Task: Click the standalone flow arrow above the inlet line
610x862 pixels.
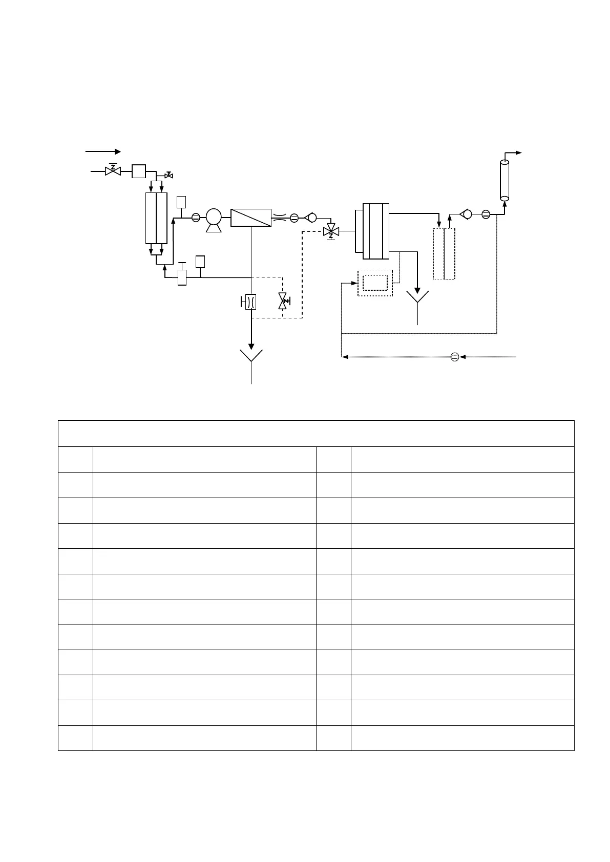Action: point(102,152)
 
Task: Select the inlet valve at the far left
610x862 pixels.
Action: point(112,170)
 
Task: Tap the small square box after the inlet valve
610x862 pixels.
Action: point(138,170)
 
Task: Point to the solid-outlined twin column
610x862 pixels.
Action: point(156,218)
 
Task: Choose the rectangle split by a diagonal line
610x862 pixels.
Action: point(251,218)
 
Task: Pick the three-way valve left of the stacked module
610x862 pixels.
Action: point(331,231)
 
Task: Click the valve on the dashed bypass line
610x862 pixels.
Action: point(282,301)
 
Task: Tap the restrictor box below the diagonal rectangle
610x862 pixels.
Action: point(250,302)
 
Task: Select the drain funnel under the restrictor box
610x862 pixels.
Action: point(251,356)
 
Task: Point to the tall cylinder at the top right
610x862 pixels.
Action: point(504,180)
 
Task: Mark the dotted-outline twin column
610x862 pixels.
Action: point(444,254)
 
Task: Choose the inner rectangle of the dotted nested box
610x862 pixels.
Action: point(375,283)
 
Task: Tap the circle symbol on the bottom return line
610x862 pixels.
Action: point(454,357)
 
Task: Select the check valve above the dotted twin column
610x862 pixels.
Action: point(466,214)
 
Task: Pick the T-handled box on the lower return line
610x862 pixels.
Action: point(182,276)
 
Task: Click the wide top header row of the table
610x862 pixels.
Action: point(316,434)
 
